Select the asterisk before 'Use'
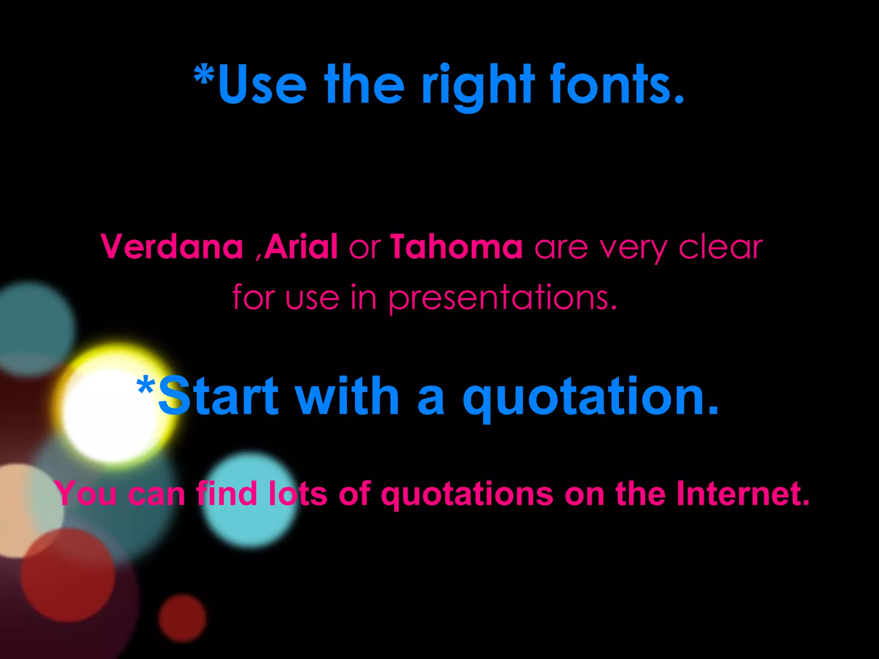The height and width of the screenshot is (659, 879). [204, 76]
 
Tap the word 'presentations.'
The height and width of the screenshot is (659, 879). [503, 298]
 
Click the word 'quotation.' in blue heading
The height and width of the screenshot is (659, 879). [590, 398]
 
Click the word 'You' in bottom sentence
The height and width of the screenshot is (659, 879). [86, 493]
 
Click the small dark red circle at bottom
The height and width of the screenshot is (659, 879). [182, 618]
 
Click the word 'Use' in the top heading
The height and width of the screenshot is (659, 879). [262, 85]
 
